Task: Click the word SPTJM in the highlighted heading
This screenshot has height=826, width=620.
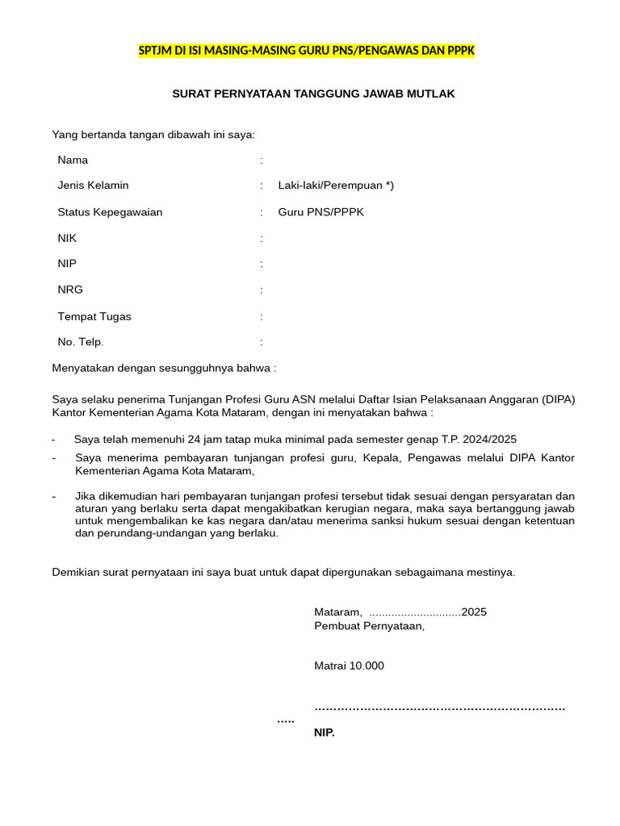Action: [156, 51]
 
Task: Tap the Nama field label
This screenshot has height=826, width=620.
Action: [73, 160]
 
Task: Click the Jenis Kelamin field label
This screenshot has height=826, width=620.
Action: [93, 186]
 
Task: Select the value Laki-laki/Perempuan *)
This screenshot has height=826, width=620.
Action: [336, 186]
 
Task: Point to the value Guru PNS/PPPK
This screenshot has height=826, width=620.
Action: [320, 212]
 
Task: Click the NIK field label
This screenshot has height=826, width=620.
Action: [67, 238]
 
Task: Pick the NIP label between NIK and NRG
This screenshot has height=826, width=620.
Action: [67, 264]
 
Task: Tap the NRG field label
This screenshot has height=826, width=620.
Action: [69, 290]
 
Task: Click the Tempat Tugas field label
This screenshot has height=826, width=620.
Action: [94, 316]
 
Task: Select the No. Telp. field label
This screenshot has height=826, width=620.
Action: [80, 342]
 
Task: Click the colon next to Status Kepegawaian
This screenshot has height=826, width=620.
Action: [262, 212]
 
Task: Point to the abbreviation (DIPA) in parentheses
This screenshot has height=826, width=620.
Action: [559, 399]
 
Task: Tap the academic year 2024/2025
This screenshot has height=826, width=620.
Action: [488, 439]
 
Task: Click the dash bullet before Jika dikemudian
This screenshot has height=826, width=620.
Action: [53, 496]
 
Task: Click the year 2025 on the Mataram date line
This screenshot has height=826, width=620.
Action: [474, 612]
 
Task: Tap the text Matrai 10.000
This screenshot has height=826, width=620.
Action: [349, 665]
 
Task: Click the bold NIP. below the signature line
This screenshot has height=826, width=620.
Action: [324, 733]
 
